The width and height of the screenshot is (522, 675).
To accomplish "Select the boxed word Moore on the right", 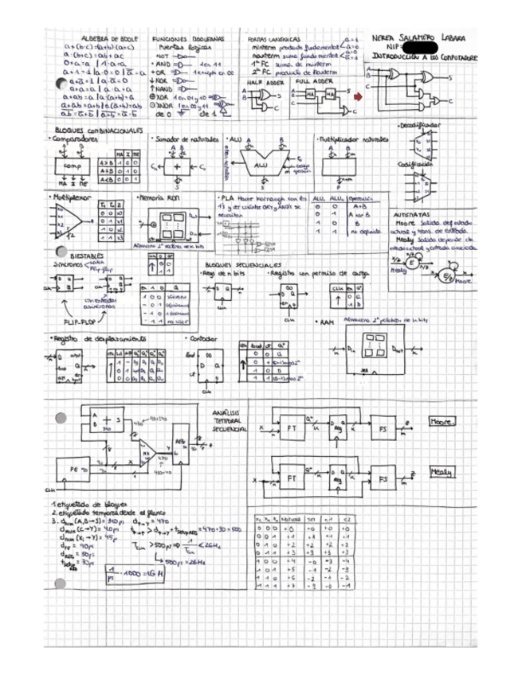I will coord(441,421).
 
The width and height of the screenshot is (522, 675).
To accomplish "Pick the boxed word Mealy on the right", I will coord(441,471).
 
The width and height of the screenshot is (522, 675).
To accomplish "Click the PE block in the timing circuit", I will coord(79,470).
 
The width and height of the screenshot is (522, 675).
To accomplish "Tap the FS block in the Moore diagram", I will coord(385,429).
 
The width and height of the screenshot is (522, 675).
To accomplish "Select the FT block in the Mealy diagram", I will coord(292,479).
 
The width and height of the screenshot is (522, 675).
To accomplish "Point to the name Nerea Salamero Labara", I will coord(419,38).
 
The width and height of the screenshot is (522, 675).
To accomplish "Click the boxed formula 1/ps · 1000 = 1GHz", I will coord(137,573).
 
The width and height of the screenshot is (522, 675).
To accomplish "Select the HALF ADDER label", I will coord(264,81).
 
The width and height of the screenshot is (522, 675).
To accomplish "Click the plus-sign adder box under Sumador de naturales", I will coord(176,169).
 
